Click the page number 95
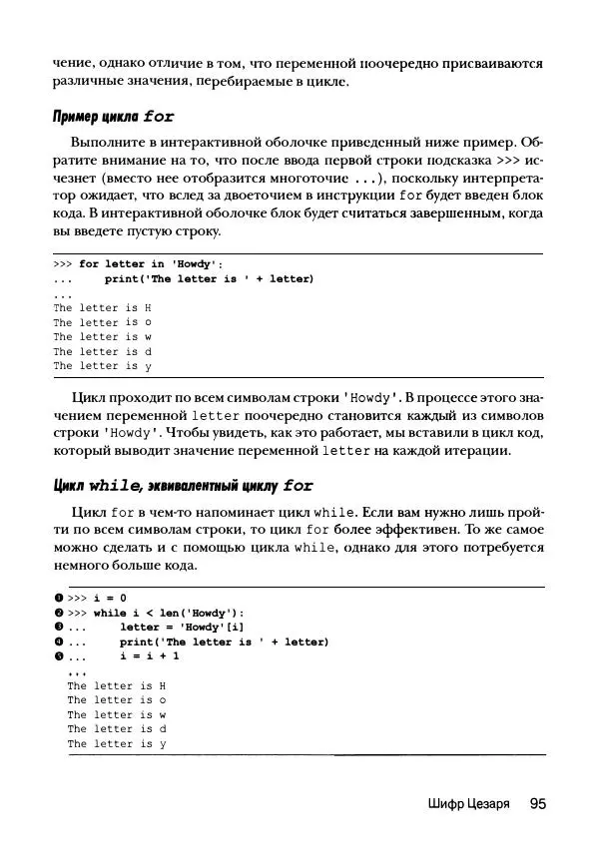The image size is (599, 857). tap(536, 803)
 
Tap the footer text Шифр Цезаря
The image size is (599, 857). tap(461, 804)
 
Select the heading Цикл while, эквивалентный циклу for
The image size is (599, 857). tap(183, 486)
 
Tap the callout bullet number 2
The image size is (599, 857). tap(59, 614)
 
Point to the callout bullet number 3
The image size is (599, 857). tap(59, 628)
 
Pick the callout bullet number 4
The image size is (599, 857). tap(59, 643)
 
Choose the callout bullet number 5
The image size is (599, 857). tap(59, 656)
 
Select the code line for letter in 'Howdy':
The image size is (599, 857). tap(151, 264)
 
